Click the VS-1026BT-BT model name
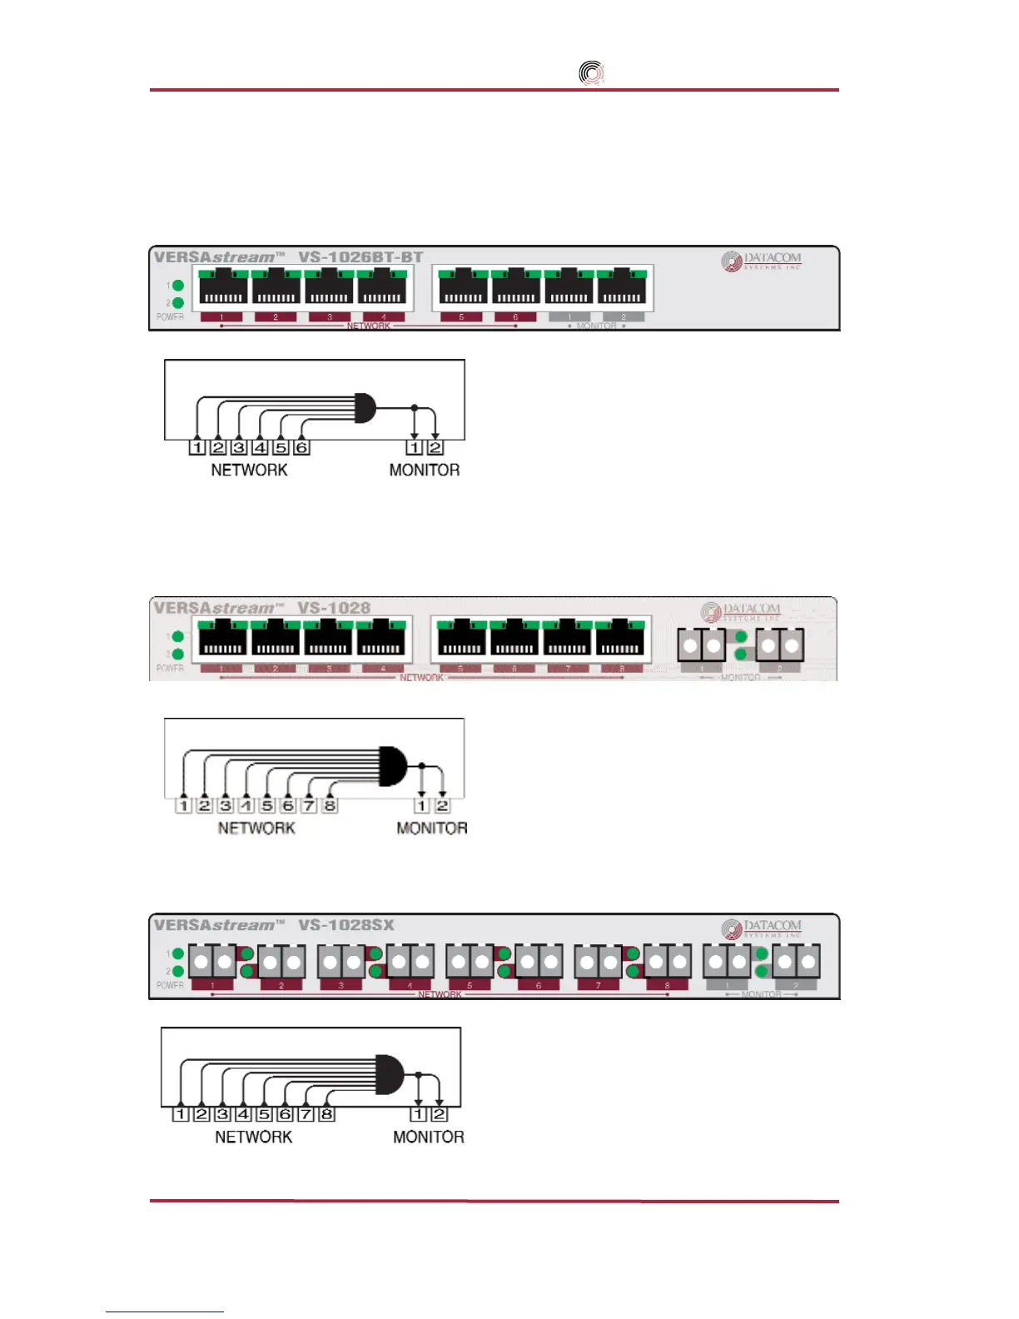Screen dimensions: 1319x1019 coord(360,257)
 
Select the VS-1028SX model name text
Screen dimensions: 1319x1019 coord(345,925)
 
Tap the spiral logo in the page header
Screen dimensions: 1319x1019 coord(591,73)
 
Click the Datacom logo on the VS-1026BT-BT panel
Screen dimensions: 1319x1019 coord(762,261)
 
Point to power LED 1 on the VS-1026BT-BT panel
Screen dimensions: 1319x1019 coord(177,286)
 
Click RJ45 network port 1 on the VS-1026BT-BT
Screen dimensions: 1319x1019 coord(223,287)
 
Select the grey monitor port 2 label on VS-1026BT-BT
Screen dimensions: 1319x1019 coord(623,317)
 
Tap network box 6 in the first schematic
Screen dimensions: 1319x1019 coord(302,447)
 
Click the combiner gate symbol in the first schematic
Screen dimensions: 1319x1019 coord(365,408)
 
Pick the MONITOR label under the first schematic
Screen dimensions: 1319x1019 coord(425,470)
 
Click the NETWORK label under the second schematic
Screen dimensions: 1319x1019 coord(256,828)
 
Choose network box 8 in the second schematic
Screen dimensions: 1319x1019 coord(330,805)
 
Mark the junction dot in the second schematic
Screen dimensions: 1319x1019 coord(422,765)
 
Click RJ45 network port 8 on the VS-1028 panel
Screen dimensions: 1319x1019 coord(620,638)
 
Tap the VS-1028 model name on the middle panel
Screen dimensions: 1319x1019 coord(334,608)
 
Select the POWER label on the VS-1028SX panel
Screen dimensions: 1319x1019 coord(170,985)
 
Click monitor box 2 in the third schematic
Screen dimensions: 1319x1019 coord(439,1114)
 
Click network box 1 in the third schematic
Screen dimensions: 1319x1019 coord(181,1114)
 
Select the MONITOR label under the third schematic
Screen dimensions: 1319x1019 coord(429,1137)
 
